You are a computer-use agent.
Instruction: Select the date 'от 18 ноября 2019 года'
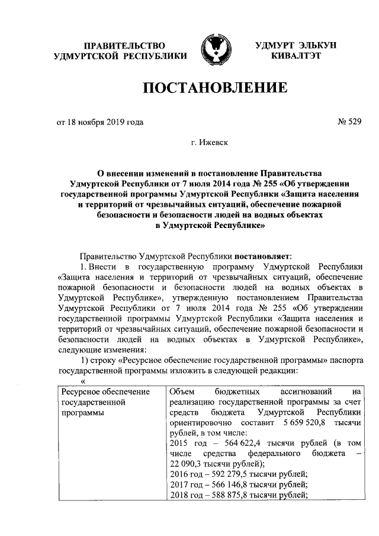coord(99,123)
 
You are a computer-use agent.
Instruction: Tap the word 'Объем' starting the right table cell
coord(182,392)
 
